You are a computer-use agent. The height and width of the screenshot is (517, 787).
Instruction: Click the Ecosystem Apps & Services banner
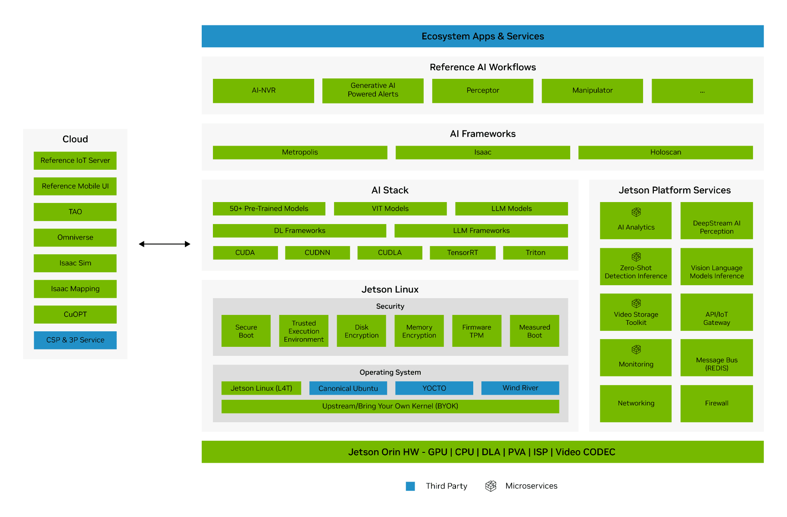482,36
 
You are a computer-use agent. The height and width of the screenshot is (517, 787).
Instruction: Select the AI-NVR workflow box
263,90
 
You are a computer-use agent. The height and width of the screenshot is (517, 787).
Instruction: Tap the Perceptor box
482,90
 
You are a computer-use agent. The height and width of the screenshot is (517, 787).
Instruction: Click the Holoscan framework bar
665,153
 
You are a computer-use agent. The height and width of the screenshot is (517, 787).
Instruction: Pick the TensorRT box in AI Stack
462,253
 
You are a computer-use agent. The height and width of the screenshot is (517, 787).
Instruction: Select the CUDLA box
390,253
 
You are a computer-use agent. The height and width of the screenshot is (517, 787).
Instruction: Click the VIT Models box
390,209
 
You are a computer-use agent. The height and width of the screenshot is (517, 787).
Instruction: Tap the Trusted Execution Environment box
303,331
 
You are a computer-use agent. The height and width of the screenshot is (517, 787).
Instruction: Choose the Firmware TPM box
476,331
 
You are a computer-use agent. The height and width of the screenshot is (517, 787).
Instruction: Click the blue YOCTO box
434,388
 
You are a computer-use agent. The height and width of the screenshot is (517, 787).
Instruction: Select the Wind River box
520,388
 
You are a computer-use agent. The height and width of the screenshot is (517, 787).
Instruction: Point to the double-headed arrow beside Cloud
165,244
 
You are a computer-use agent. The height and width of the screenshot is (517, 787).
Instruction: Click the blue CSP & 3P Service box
75,340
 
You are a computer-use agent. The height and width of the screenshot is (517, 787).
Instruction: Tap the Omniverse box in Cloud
75,237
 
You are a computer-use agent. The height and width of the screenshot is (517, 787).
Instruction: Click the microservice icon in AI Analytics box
636,212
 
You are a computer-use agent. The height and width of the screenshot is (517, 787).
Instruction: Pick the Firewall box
716,403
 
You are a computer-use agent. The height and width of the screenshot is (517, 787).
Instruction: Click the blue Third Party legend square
410,486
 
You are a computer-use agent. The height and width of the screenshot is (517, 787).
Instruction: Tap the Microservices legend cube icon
490,486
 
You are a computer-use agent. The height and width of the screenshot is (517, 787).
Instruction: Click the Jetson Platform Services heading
674,190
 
